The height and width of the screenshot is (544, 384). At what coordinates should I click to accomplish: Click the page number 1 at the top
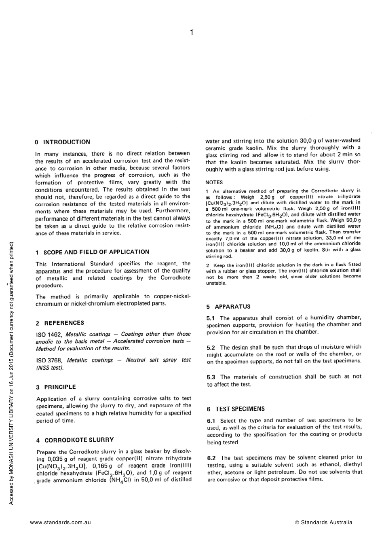pos(192,32)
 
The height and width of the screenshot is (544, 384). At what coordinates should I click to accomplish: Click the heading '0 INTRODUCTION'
pos(63,142)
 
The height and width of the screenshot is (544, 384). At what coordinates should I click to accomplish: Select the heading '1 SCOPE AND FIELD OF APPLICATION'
pos(93,252)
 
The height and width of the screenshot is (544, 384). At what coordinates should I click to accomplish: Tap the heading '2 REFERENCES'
pos(60,323)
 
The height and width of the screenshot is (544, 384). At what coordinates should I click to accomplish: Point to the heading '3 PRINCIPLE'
pos(56,387)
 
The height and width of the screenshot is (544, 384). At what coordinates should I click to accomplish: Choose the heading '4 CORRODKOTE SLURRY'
pos(75,440)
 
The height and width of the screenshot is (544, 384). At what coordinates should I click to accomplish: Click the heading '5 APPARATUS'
pos(228,307)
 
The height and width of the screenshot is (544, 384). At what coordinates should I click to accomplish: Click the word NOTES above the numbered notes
pos(214,182)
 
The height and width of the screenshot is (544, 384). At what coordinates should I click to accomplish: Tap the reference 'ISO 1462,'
pos(49,334)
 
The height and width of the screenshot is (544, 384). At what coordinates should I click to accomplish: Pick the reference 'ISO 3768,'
pos(50,360)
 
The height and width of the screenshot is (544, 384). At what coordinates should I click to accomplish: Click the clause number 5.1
pos(211,318)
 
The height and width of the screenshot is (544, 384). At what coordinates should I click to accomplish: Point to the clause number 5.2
pos(211,347)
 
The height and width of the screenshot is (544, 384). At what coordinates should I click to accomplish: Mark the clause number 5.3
pos(211,377)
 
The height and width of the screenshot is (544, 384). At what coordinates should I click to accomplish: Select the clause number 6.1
pos(211,421)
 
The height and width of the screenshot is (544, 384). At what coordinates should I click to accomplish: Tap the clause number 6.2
pos(211,458)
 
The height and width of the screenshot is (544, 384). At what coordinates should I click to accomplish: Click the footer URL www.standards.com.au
pos(60,522)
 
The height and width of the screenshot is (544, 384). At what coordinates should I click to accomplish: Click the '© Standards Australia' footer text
pos(324,522)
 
